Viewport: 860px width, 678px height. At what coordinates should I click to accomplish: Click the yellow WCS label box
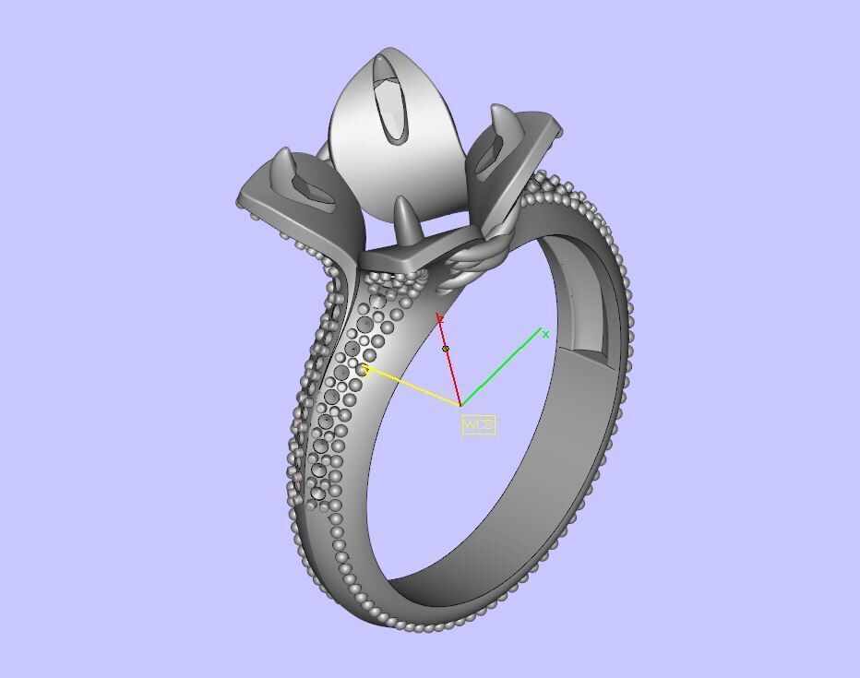coord(478,424)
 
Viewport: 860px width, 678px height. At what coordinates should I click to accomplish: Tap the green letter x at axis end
coord(545,334)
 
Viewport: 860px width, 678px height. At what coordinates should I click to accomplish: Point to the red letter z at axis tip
coord(441,319)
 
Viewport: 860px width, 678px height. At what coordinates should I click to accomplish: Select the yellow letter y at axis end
coord(364,370)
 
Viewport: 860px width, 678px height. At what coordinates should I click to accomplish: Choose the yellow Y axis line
coord(415,388)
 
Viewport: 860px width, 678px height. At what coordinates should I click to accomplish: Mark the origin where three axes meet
coord(460,405)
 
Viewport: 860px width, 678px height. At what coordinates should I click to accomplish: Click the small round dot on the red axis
coord(447,349)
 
